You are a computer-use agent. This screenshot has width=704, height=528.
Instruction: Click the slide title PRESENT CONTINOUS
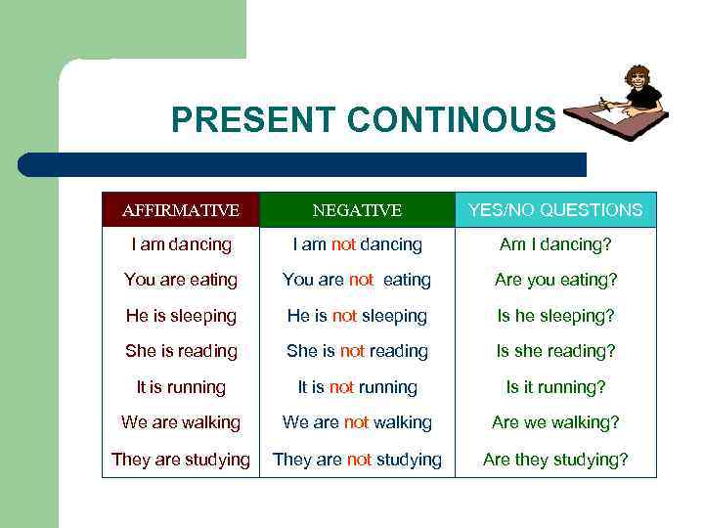click(x=363, y=119)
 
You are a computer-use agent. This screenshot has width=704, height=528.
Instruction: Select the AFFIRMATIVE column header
click(x=180, y=210)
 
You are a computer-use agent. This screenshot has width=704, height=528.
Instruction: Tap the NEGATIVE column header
click(x=357, y=210)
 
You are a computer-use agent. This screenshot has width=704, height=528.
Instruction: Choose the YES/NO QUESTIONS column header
click(x=555, y=210)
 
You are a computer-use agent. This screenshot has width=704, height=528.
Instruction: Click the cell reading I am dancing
click(x=181, y=244)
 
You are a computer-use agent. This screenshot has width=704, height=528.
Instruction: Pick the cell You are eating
click(x=181, y=280)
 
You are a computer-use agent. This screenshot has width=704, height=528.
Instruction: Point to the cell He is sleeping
click(x=181, y=316)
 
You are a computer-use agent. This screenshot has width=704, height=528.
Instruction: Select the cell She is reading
click(x=181, y=351)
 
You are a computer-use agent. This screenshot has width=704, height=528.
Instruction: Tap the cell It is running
click(x=181, y=387)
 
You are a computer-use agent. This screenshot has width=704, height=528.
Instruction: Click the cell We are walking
click(x=181, y=422)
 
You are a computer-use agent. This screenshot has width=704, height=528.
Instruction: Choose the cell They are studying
click(x=181, y=459)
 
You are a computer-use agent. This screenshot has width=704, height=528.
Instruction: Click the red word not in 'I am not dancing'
click(x=343, y=244)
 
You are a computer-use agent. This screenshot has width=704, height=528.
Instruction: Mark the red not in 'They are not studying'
click(x=360, y=459)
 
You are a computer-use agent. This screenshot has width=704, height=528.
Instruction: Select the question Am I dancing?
click(x=555, y=244)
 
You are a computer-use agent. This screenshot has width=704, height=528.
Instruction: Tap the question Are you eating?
click(x=555, y=280)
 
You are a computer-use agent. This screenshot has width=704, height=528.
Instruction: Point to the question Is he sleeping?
click(x=555, y=316)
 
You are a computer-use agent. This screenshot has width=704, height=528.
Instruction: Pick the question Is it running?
click(x=555, y=387)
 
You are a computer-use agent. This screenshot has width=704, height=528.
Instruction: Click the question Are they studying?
click(x=555, y=459)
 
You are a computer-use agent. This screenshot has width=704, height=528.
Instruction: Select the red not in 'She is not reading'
click(x=352, y=351)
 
